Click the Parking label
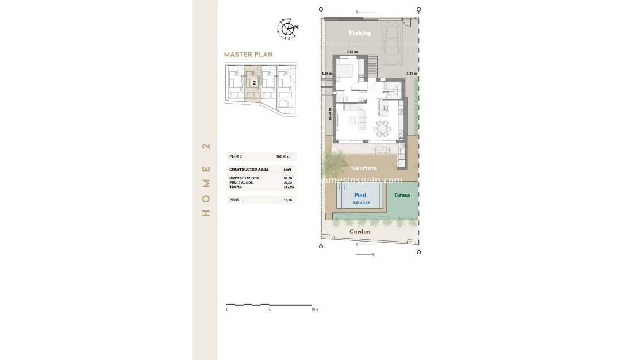(x=360, y=33)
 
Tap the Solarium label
(x=364, y=168)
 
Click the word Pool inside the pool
(x=360, y=195)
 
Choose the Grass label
(x=402, y=195)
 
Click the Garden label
(x=360, y=232)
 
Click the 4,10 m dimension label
(x=351, y=52)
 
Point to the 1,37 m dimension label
(x=411, y=74)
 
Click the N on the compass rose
(x=296, y=26)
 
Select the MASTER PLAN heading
(x=248, y=55)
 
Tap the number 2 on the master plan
(x=253, y=82)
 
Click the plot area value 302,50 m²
(x=285, y=156)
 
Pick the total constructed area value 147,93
(x=289, y=187)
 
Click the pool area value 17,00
(x=288, y=200)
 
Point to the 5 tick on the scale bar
(x=270, y=309)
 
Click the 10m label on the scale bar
(x=314, y=309)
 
